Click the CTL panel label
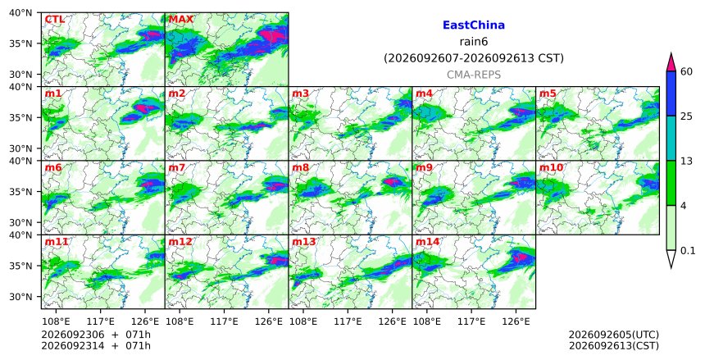(x=54, y=20)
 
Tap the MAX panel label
(x=180, y=20)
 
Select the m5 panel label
(x=548, y=93)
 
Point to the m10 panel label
(x=551, y=168)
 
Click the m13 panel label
(x=304, y=242)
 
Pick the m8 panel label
(x=301, y=168)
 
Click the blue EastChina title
(x=474, y=25)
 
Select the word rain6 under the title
(x=474, y=42)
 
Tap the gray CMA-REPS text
(x=474, y=75)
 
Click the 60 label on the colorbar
(x=686, y=71)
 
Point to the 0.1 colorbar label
(x=688, y=251)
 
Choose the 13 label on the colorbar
(x=686, y=161)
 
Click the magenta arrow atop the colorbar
(x=671, y=63)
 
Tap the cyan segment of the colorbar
(x=671, y=138)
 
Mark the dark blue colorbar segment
(x=671, y=93)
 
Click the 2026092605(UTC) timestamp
(x=614, y=335)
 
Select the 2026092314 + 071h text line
(x=96, y=346)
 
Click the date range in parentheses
(x=474, y=58)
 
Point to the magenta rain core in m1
(x=142, y=108)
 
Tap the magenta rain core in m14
(x=521, y=257)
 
